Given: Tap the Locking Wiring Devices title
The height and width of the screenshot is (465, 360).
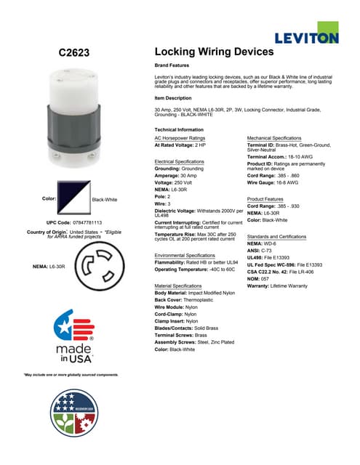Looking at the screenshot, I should pyautogui.click(x=214, y=52).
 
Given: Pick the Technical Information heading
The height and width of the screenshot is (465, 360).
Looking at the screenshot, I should pyautogui.click(x=179, y=129).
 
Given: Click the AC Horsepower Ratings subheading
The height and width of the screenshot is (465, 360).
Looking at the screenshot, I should pyautogui.click(x=180, y=137).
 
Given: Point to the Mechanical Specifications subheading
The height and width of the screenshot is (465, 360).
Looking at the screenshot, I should pyautogui.click(x=274, y=137).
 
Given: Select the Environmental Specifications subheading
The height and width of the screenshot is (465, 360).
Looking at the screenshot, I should pyautogui.click(x=190, y=256).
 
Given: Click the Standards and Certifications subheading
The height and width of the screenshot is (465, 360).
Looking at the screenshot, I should pyautogui.click(x=277, y=237).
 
